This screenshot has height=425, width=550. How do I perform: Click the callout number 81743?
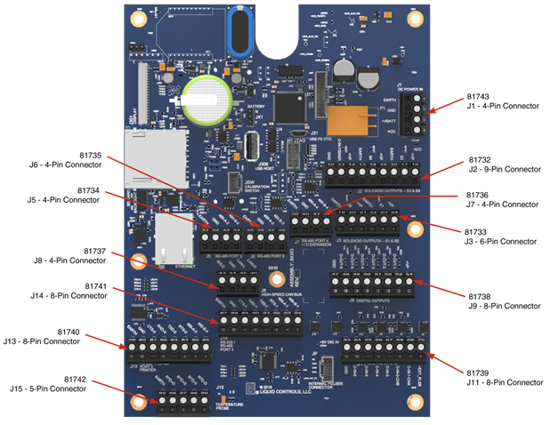(478, 94)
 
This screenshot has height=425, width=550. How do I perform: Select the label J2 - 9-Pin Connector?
(505, 169)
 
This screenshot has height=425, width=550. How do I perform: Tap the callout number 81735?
(89, 154)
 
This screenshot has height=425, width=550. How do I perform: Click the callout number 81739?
(478, 371)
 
